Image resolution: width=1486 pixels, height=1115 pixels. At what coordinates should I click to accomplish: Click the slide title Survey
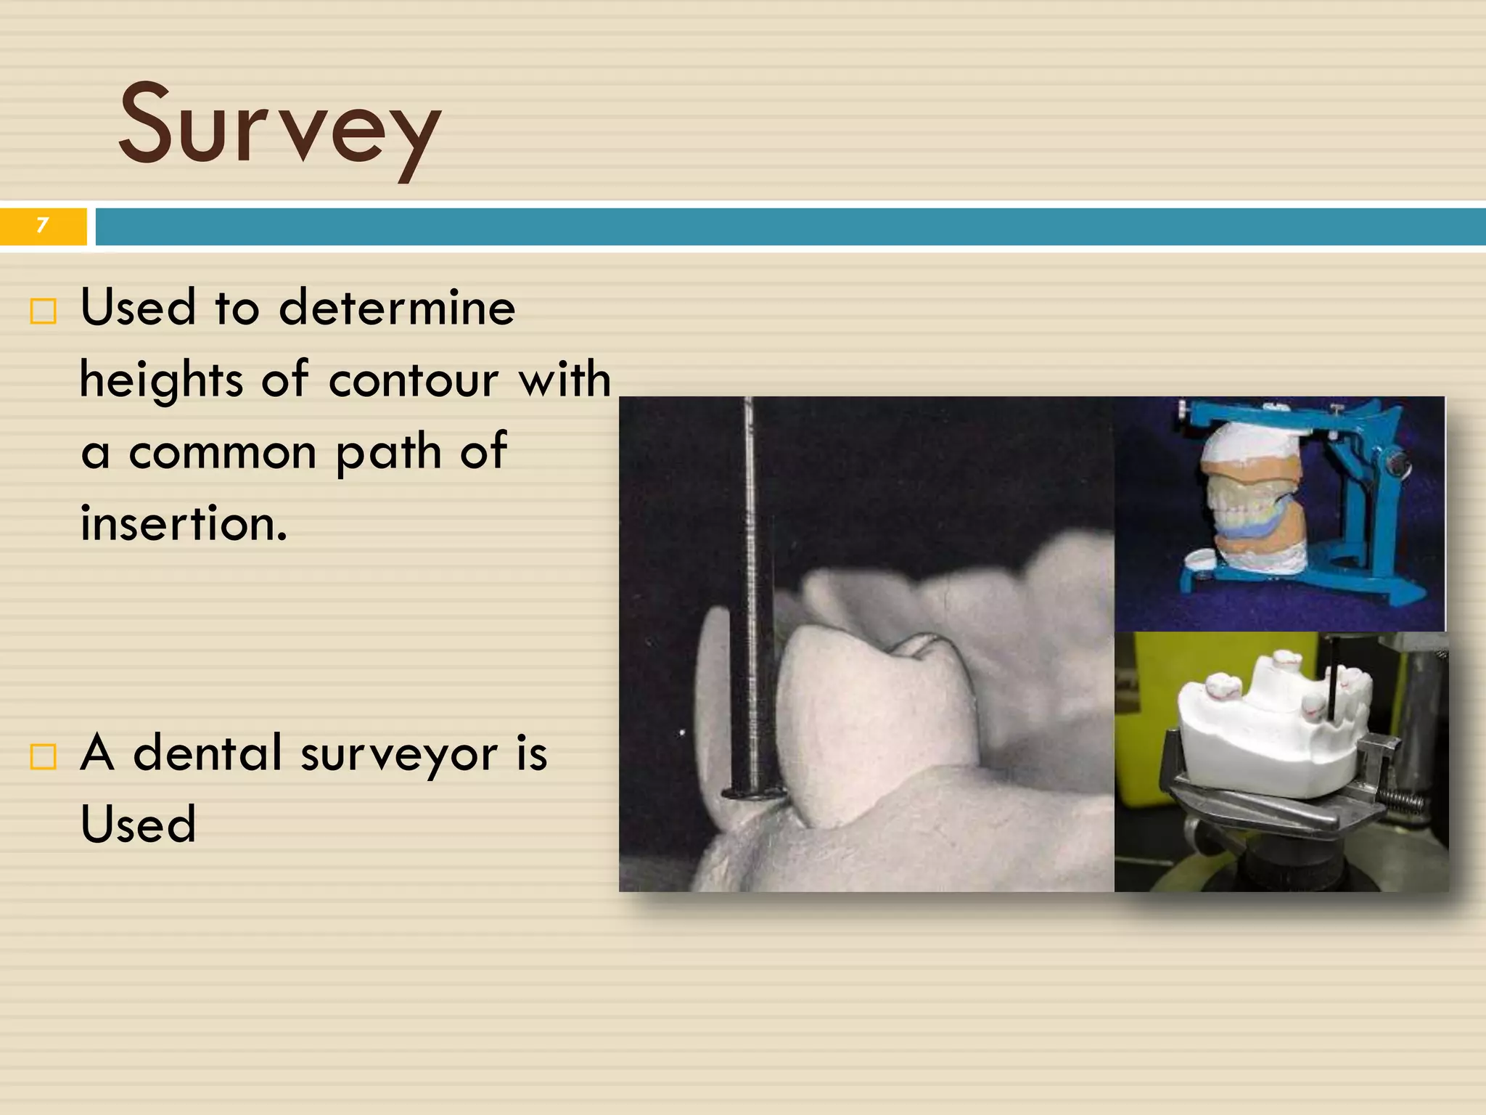(x=279, y=125)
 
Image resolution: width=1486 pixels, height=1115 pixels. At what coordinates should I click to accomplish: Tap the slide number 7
(x=42, y=225)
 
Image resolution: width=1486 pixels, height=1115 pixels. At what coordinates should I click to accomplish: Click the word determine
(x=397, y=308)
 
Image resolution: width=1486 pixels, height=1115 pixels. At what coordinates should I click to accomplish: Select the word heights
(x=161, y=380)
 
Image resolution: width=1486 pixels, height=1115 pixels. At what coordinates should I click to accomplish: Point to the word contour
(x=413, y=380)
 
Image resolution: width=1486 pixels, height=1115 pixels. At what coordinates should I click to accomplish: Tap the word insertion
(x=183, y=524)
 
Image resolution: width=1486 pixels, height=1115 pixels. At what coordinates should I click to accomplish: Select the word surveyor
(x=399, y=753)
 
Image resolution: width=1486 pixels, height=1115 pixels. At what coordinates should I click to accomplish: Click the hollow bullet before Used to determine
(x=43, y=311)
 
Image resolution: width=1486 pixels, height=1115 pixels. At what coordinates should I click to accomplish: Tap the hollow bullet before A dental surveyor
(x=43, y=756)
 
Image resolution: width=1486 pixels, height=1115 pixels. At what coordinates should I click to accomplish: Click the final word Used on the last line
(x=138, y=825)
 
